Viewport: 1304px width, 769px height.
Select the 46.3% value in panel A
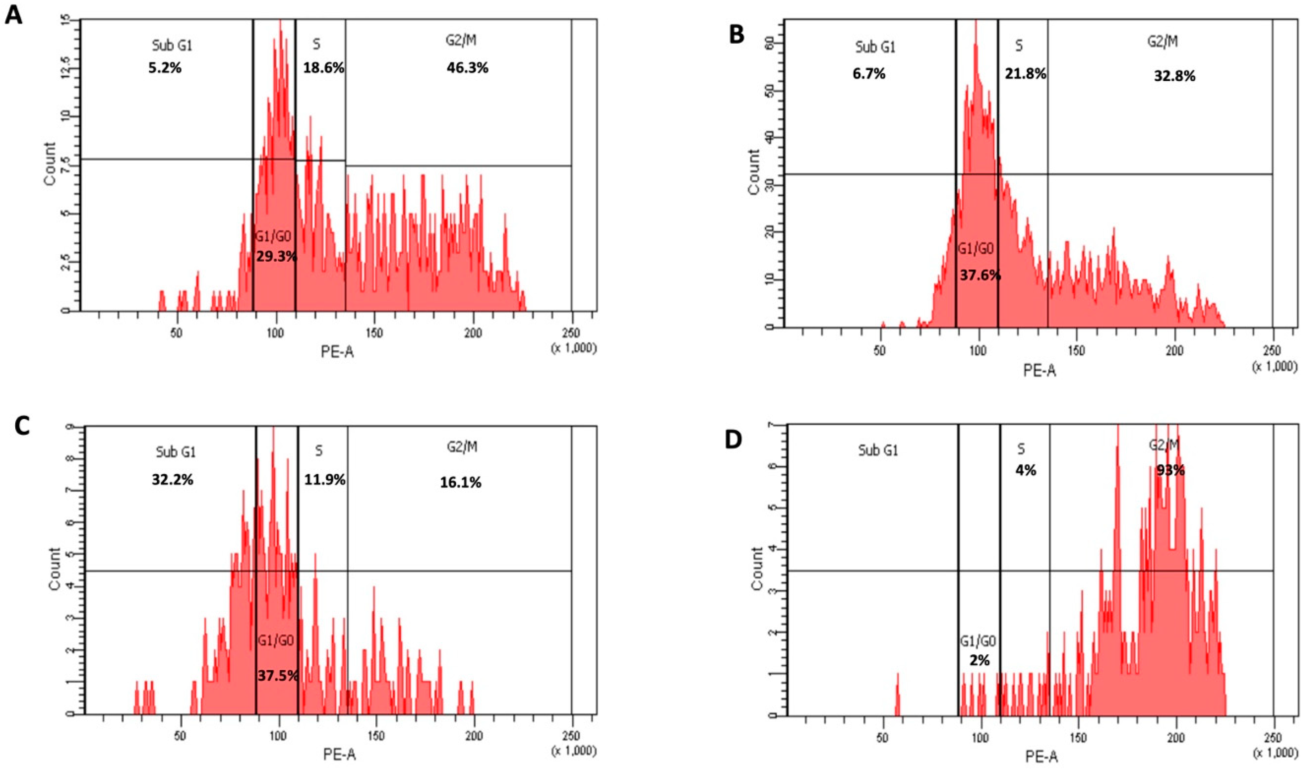click(x=467, y=68)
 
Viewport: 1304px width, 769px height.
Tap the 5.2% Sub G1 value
click(x=165, y=68)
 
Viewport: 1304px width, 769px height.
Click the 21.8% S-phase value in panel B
click(x=1025, y=74)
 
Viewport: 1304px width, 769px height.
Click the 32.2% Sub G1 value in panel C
click(x=172, y=480)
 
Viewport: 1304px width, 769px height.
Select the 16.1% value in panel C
click(x=460, y=483)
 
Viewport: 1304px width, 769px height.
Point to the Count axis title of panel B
click(x=755, y=172)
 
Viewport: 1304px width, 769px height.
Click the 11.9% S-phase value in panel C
click(x=325, y=480)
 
